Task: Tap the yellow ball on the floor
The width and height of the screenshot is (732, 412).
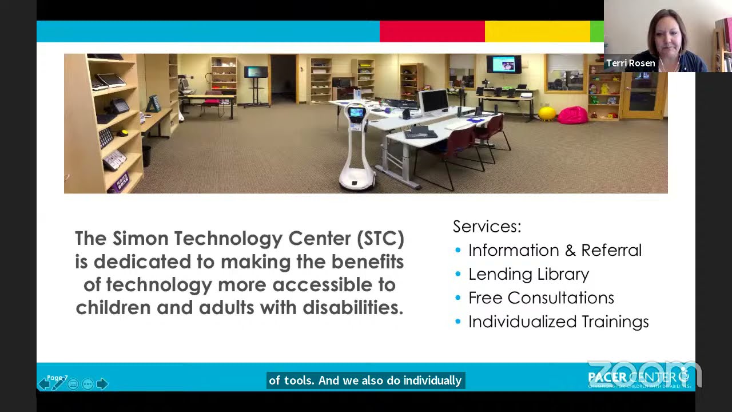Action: coord(547,113)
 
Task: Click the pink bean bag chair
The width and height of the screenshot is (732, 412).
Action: coord(572,115)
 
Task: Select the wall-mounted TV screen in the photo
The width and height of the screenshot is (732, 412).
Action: coord(503,64)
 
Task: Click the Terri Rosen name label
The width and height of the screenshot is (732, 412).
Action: coord(630,63)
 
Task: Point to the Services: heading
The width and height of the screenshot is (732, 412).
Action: coord(487,226)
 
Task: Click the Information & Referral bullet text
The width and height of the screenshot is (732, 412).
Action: coord(555,250)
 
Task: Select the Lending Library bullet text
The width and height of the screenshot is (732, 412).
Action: coord(528,274)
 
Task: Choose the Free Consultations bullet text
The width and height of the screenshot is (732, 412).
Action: coord(541,298)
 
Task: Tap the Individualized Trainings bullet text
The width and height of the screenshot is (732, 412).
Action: coord(558,322)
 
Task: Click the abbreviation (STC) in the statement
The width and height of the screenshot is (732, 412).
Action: coord(380,238)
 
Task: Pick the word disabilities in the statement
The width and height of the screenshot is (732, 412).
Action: coord(352,307)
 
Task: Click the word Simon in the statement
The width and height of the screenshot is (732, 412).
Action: coord(141,238)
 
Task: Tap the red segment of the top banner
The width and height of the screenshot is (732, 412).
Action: coord(432,31)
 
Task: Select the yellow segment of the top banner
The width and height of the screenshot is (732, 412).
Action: coord(537,31)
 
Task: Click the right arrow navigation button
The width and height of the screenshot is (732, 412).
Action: coord(102,384)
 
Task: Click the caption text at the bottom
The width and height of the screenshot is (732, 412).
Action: coord(365,381)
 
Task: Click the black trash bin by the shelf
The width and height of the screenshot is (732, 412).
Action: coord(146,155)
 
